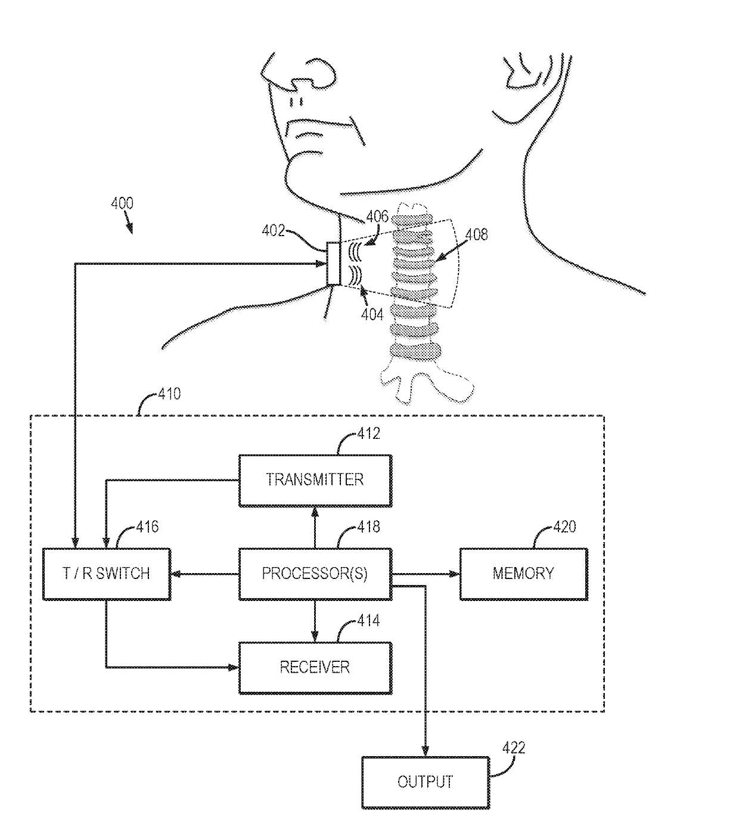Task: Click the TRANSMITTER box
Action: pos(315,481)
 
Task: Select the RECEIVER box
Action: pos(315,667)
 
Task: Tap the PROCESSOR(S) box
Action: pos(315,574)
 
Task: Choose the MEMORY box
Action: pos(523,574)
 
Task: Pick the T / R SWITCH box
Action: pos(107,574)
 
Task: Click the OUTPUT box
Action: pos(426,782)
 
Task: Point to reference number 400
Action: pos(122,203)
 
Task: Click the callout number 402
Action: pos(273,231)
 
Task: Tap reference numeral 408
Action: pos(477,234)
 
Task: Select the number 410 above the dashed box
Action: pos(169,394)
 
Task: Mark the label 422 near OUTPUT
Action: pos(514,748)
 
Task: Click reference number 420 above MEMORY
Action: pos(565,527)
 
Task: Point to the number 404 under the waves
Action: pos(372,315)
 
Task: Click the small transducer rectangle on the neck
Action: pos(333,264)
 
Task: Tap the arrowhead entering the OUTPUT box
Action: pos(425,751)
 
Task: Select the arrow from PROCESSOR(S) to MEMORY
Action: pos(426,574)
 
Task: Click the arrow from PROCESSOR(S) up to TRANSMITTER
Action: pos(315,528)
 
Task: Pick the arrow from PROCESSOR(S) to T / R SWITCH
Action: pos(204,574)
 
